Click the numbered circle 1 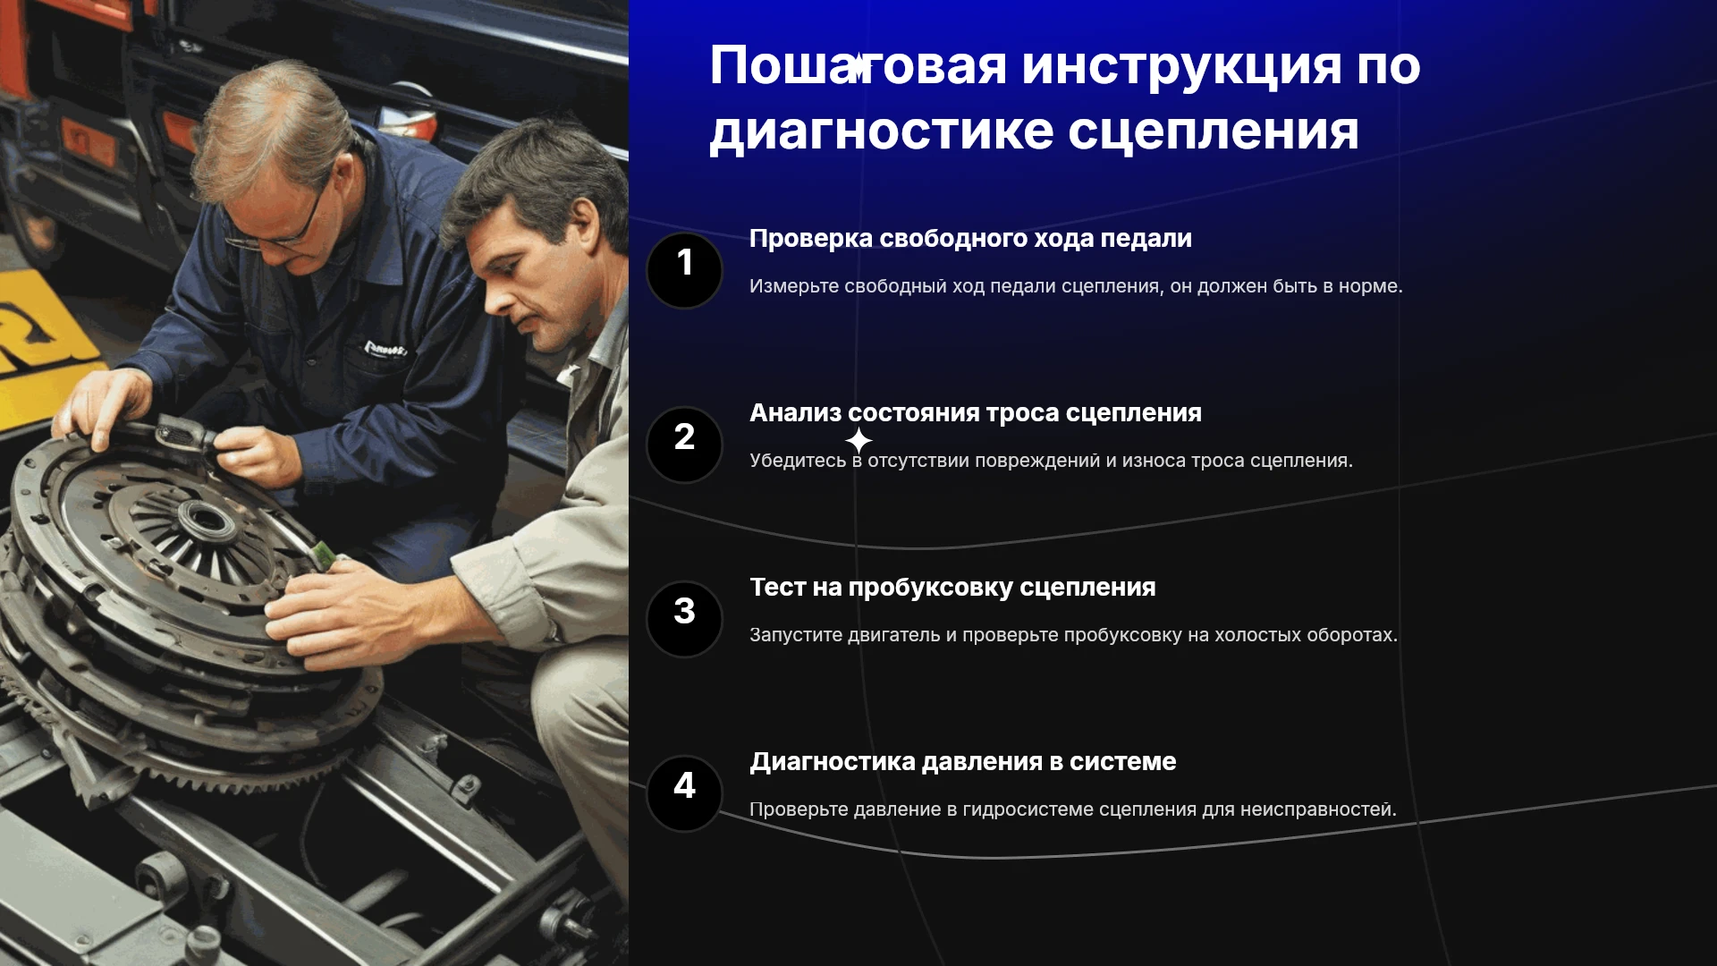point(684,270)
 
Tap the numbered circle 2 point(684,445)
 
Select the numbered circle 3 point(684,619)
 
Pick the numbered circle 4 point(684,793)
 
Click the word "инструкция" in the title point(1181,67)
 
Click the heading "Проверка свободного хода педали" point(970,239)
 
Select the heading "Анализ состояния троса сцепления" point(976,413)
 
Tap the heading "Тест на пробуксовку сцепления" point(952,588)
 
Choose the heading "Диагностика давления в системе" point(963,762)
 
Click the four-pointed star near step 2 point(858,440)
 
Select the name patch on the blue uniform point(385,348)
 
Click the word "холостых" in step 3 point(1258,635)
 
